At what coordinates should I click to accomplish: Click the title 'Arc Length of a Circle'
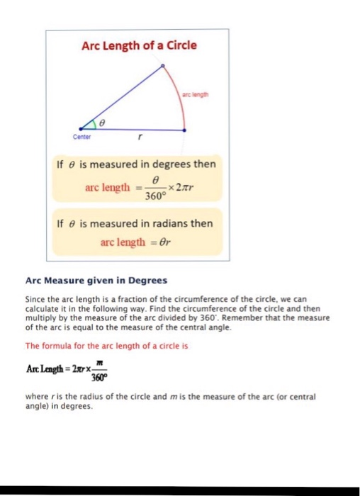tap(139, 46)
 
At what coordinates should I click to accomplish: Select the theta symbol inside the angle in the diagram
tap(101, 123)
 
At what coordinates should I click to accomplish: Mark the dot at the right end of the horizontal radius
tap(186, 130)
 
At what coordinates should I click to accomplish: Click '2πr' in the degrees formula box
tap(186, 187)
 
